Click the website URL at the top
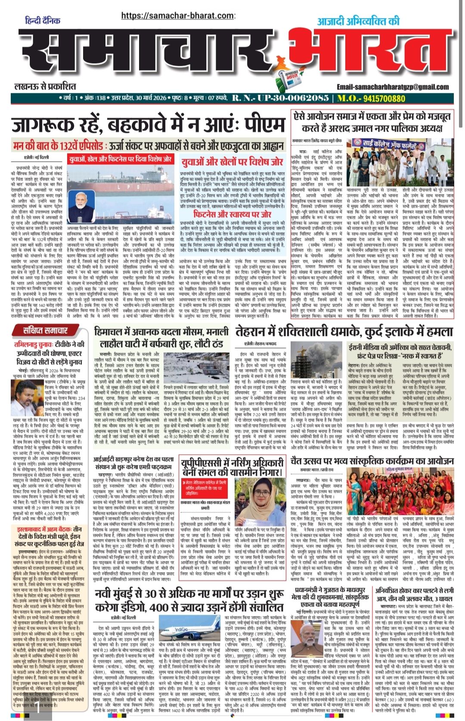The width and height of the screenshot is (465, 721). [178, 15]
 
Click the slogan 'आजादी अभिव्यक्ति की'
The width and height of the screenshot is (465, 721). [358, 21]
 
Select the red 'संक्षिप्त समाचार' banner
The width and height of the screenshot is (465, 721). [46, 330]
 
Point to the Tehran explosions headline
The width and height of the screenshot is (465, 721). [350, 332]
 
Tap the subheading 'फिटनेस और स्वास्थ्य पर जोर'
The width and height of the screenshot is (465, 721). [232, 214]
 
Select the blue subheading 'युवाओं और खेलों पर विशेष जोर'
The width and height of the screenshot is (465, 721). [232, 161]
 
